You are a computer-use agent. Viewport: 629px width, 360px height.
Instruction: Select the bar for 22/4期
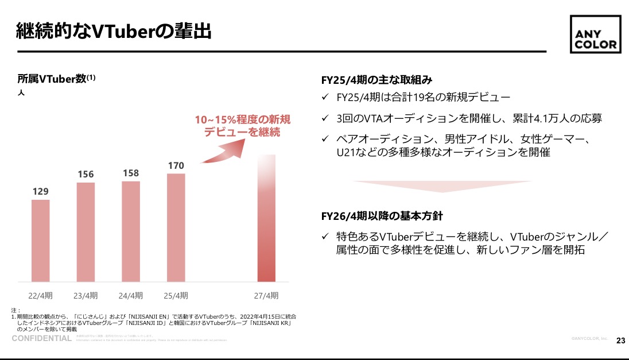click(40, 241)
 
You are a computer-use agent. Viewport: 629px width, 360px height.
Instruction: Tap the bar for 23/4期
click(86, 232)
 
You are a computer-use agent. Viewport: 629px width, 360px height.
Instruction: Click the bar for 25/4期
click(176, 227)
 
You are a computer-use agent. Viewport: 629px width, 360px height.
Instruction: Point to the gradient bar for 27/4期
click(267, 218)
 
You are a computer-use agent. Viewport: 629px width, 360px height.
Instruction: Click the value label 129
click(40, 191)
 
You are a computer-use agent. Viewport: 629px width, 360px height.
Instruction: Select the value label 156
click(86, 175)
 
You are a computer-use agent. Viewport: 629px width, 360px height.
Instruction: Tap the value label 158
click(131, 173)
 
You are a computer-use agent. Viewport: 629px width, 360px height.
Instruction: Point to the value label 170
click(176, 166)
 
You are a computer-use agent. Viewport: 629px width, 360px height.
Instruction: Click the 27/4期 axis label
click(267, 296)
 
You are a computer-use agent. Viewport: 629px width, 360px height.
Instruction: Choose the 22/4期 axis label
click(40, 296)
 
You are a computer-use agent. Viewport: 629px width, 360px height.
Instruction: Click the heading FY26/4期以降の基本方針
click(382, 216)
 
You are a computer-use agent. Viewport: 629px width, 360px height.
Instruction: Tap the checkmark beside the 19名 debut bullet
click(325, 97)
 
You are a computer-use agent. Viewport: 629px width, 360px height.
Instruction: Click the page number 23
click(620, 340)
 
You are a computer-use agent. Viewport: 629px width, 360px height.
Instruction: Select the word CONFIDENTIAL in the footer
click(42, 338)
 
